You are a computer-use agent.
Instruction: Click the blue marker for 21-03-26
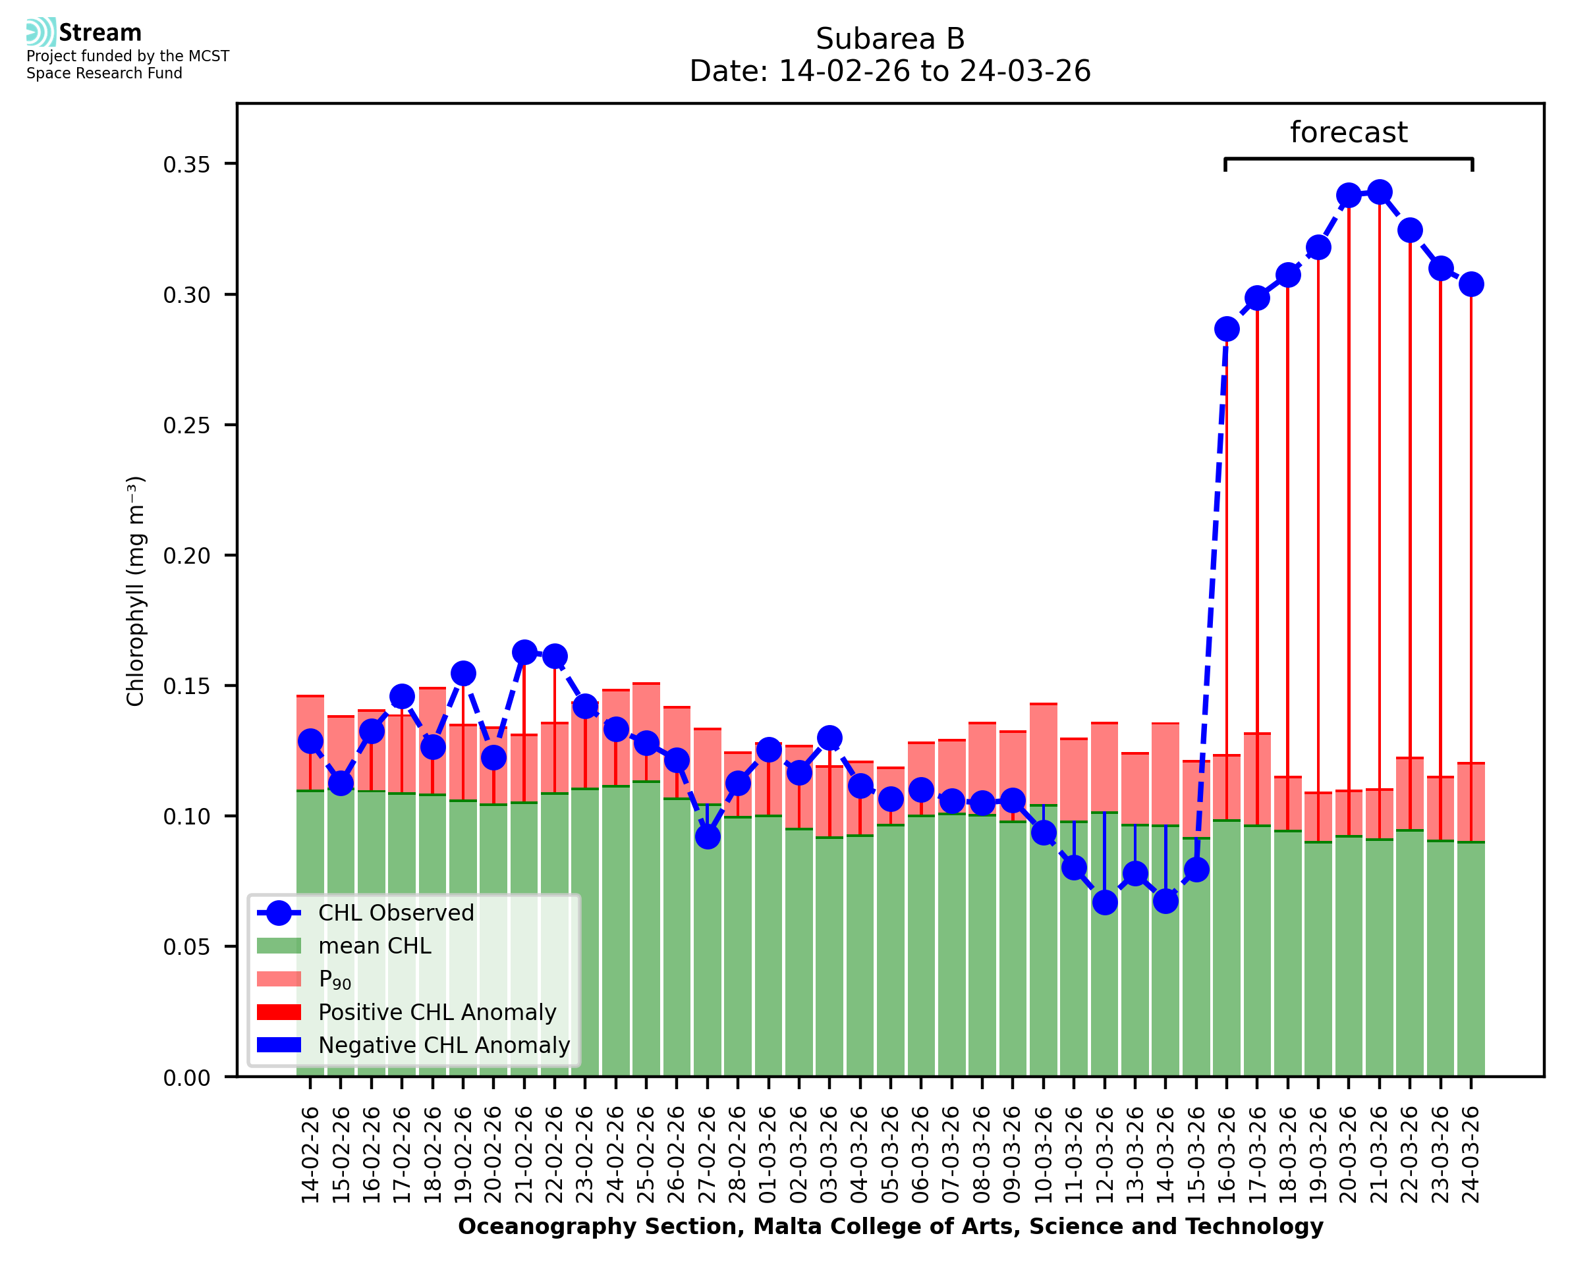pyautogui.click(x=1378, y=193)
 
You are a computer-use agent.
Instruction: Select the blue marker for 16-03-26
pyautogui.click(x=1226, y=329)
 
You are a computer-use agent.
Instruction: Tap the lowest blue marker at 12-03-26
pyautogui.click(x=1104, y=903)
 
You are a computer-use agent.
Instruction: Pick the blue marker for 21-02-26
pyautogui.click(x=524, y=652)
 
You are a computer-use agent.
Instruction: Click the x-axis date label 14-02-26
pyautogui.click(x=310, y=1155)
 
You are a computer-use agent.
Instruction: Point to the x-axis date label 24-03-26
pyautogui.click(x=1471, y=1155)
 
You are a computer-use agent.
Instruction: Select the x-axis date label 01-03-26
pyautogui.click(x=768, y=1155)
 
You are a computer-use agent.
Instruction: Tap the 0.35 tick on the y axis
pyautogui.click(x=186, y=165)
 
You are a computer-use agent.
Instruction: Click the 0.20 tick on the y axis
pyautogui.click(x=186, y=556)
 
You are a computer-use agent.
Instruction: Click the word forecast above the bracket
pyautogui.click(x=1349, y=132)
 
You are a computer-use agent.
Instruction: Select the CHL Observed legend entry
pyautogui.click(x=396, y=913)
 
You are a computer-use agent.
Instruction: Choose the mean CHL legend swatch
pyautogui.click(x=279, y=946)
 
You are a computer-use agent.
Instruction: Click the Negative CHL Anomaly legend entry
pyautogui.click(x=443, y=1045)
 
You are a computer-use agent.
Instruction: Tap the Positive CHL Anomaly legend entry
pyautogui.click(x=437, y=1012)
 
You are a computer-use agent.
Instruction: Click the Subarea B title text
pyautogui.click(x=890, y=39)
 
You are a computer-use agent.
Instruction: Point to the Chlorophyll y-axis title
pyautogui.click(x=136, y=591)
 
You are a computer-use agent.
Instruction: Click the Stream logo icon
pyautogui.click(x=41, y=32)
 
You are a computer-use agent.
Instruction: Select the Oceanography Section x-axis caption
pyautogui.click(x=890, y=1226)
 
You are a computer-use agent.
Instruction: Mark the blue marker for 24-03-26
pyautogui.click(x=1471, y=284)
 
